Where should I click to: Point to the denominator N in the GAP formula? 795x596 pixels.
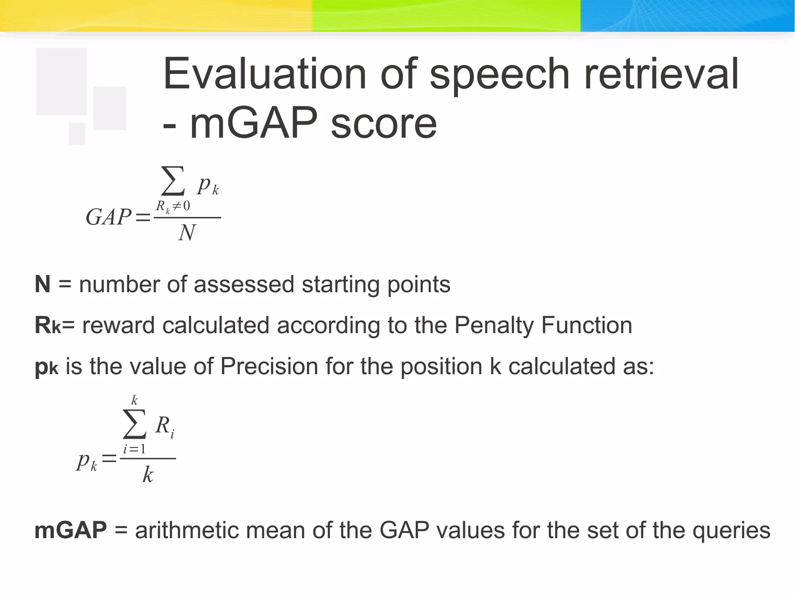187,233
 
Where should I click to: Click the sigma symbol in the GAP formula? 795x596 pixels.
173,181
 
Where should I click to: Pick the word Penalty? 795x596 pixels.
493,325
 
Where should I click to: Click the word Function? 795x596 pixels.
587,325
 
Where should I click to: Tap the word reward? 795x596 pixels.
118,325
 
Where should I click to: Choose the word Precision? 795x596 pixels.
269,366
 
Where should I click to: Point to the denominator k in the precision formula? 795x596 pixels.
148,474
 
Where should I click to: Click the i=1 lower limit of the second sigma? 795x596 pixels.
134,449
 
